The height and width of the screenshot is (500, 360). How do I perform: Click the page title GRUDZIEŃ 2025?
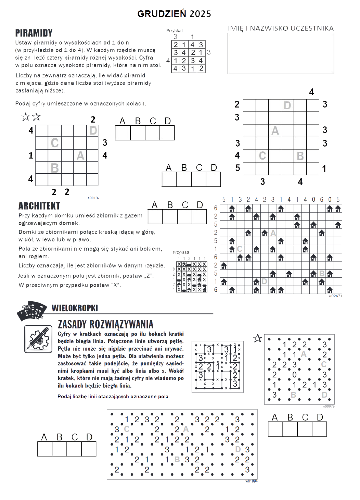[x=174, y=14]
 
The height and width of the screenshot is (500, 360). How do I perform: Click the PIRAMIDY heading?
[x=34, y=33]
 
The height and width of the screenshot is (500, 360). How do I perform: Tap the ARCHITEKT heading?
[x=39, y=206]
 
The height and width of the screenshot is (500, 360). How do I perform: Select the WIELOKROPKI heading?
[x=75, y=308]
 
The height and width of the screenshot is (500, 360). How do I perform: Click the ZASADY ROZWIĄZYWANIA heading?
[x=105, y=324]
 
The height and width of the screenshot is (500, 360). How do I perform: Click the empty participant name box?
[x=281, y=53]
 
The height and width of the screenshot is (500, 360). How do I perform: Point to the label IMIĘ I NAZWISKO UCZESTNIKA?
[x=281, y=28]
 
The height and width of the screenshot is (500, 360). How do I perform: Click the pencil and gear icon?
[x=38, y=339]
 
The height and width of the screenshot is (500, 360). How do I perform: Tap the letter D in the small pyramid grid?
[x=93, y=130]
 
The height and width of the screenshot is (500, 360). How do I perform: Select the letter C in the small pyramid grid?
[x=54, y=143]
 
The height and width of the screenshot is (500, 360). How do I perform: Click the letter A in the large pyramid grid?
[x=275, y=131]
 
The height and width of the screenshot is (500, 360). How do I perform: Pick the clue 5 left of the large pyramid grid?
[x=237, y=168]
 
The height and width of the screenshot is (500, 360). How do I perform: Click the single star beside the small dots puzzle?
[x=257, y=338]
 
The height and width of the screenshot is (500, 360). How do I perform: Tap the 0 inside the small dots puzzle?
[x=294, y=375]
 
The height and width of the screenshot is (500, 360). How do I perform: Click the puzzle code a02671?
[x=335, y=296]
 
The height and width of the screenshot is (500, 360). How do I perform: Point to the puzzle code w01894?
[x=252, y=481]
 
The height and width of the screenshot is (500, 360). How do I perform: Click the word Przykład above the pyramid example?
[x=175, y=30]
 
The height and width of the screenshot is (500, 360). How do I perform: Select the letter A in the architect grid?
[x=273, y=233]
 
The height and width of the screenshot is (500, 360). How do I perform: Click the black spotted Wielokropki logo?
[x=31, y=311]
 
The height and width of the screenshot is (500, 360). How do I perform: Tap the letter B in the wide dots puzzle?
[x=177, y=460]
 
